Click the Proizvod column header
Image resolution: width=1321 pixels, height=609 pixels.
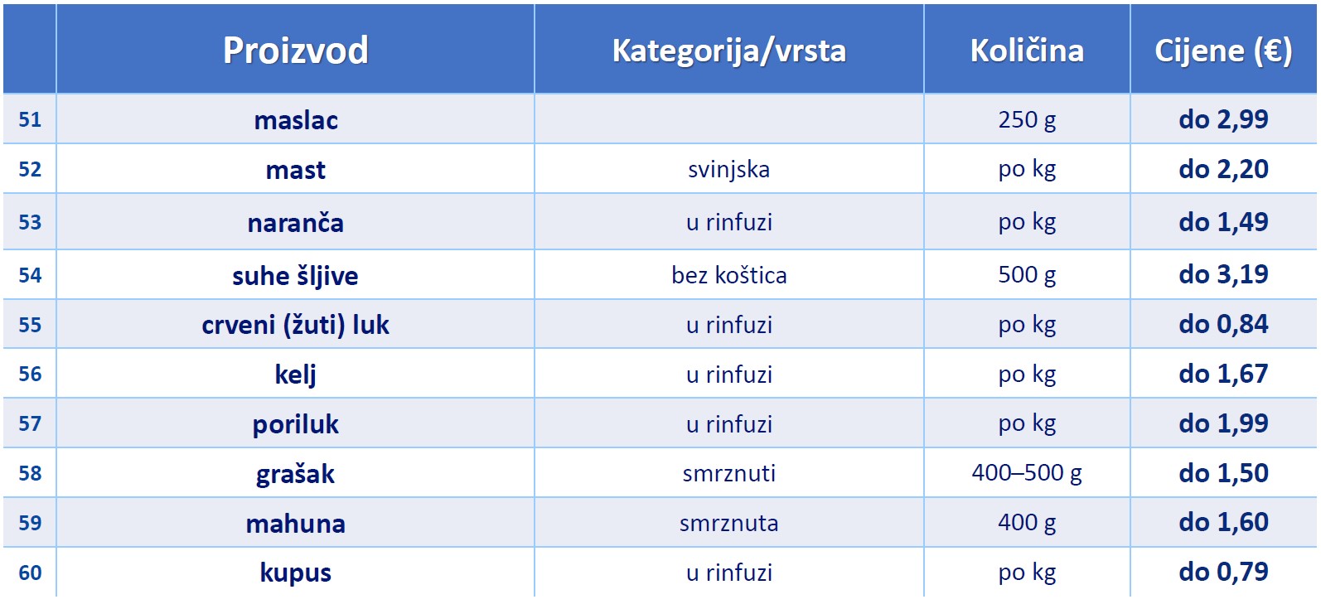coord(296,50)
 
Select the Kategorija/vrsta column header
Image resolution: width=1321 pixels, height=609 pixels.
coord(729,51)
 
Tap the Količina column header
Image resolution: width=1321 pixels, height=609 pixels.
coord(1027,50)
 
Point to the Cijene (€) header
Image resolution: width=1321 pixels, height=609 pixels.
coord(1223,51)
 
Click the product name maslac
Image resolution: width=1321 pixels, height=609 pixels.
coord(296,120)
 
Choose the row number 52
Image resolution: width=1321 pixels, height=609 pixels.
coord(30,169)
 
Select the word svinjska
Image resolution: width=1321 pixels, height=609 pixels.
coord(729,170)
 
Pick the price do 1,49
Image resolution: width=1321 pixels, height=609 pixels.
coord(1223,222)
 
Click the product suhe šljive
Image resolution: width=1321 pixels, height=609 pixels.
coord(296,276)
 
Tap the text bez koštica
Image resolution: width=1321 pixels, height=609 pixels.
coord(729,275)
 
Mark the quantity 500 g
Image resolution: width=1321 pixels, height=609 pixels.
coord(1027,275)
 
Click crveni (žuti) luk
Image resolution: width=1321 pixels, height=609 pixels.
coord(296,325)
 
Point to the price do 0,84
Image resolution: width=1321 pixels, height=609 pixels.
coord(1223,324)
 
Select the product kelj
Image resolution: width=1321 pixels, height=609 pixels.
coord(296,375)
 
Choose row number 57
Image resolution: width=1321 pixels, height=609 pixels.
coord(30,423)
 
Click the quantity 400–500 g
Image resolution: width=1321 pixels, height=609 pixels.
coord(1027,473)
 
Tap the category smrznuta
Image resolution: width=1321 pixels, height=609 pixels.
coord(729,523)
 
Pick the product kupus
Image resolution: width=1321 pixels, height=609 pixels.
coord(296,573)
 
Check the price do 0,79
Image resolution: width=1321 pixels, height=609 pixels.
coord(1223,571)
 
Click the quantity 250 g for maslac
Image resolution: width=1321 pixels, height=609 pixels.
coord(1027,119)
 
